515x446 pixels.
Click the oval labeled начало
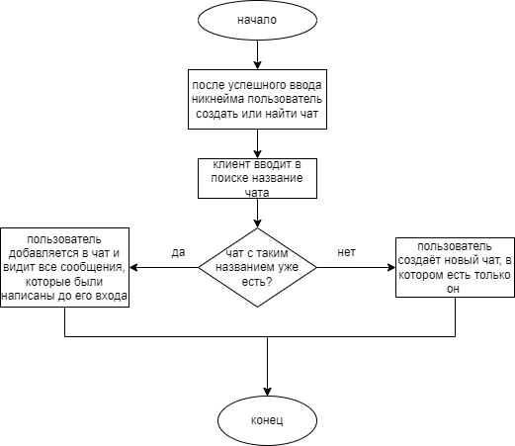point(257,20)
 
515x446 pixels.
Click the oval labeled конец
point(267,419)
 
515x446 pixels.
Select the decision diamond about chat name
point(257,267)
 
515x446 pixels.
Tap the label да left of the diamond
point(178,252)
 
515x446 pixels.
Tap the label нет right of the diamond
point(346,252)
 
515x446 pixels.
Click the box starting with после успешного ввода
point(257,99)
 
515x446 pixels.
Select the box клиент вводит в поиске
point(257,178)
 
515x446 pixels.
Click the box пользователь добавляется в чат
point(66,267)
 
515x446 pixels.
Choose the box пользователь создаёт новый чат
point(454,267)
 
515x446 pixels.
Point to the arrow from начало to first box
point(257,54)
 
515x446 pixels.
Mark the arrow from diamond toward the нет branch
point(356,267)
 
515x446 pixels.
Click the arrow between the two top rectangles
point(257,143)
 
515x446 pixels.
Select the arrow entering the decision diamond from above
point(257,213)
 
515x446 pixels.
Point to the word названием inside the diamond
point(243,267)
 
